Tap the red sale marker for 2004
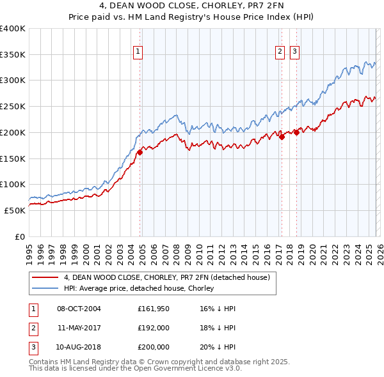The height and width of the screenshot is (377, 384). (x=140, y=151)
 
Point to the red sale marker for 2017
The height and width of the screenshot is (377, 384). (x=282, y=136)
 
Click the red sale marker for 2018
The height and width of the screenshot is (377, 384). (x=296, y=133)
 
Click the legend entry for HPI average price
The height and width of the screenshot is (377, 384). (x=138, y=288)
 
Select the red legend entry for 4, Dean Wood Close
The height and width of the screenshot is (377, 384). (x=168, y=277)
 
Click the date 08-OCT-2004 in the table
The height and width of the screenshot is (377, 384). (x=79, y=309)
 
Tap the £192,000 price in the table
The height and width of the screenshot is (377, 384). (x=154, y=328)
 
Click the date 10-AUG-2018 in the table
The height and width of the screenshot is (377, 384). (x=79, y=347)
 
